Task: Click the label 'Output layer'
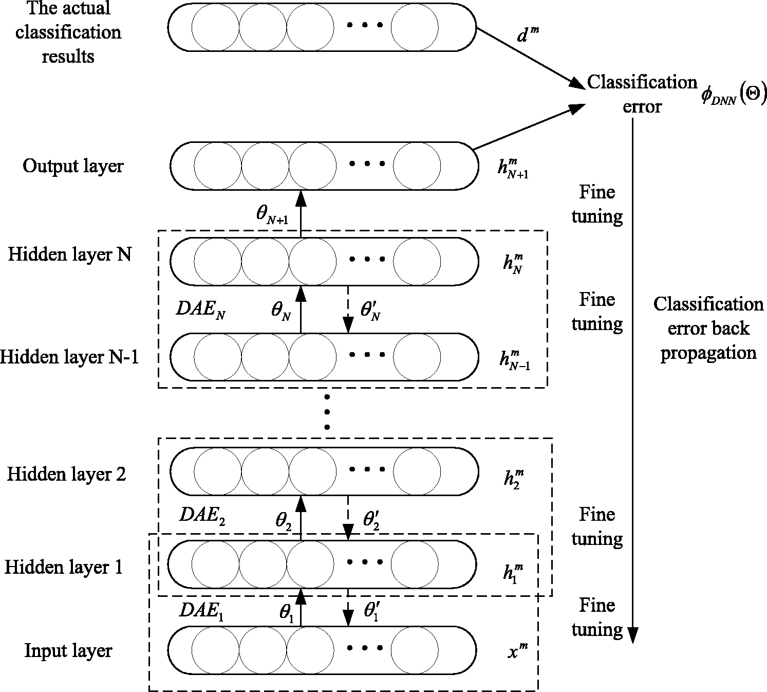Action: pyautogui.click(x=73, y=167)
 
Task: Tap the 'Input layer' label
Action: pyautogui.click(x=68, y=651)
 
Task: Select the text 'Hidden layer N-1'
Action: pyautogui.click(x=69, y=357)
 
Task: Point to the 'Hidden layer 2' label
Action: pyautogui.click(x=67, y=474)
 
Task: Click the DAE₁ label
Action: pyautogui.click(x=201, y=610)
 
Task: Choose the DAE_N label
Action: pyautogui.click(x=201, y=309)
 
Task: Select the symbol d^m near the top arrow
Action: pyautogui.click(x=528, y=34)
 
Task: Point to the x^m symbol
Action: pyautogui.click(x=518, y=651)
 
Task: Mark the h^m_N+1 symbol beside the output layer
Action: pyautogui.click(x=513, y=169)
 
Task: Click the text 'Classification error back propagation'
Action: pyautogui.click(x=708, y=329)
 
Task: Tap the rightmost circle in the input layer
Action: pyautogui.click(x=415, y=650)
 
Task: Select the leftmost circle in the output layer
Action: pyautogui.click(x=218, y=166)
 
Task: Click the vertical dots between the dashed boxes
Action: pyautogui.click(x=327, y=412)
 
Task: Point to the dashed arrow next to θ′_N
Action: pyautogui.click(x=348, y=309)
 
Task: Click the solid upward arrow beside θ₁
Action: pyautogui.click(x=301, y=607)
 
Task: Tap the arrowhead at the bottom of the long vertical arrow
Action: pyautogui.click(x=633, y=635)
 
